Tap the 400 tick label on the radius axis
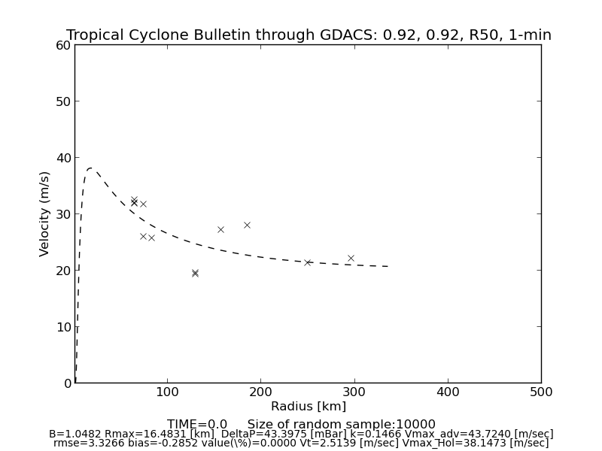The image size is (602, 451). pyautogui.click(x=448, y=392)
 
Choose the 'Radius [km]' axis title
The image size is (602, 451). pyautogui.click(x=309, y=407)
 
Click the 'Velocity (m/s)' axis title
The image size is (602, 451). pyautogui.click(x=45, y=213)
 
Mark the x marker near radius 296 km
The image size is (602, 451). pyautogui.click(x=351, y=258)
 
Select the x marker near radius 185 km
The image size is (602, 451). pyautogui.click(x=247, y=225)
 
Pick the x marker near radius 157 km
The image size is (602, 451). pyautogui.click(x=220, y=229)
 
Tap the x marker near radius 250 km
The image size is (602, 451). pyautogui.click(x=307, y=262)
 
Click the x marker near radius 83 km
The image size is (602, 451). pyautogui.click(x=151, y=238)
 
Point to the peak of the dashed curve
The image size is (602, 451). pyautogui.click(x=90, y=168)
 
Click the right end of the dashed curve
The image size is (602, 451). pyautogui.click(x=388, y=266)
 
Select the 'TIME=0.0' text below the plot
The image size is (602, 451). pyautogui.click(x=197, y=425)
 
